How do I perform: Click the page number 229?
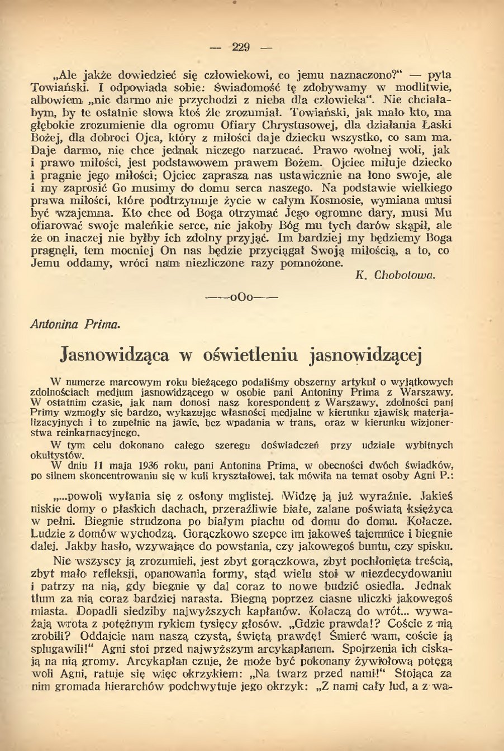point(241,47)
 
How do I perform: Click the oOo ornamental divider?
point(242,297)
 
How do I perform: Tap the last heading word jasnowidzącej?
point(365,355)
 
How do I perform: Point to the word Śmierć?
point(353,637)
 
